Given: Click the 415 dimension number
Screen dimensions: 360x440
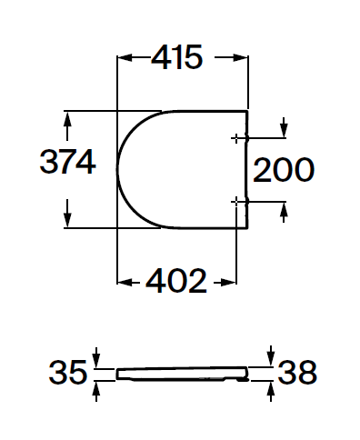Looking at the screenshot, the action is tap(177, 57).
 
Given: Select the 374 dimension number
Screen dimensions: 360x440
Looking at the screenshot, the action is tap(68, 162).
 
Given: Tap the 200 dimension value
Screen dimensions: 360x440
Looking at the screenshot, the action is tap(284, 170).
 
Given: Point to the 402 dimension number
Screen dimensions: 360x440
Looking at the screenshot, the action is tap(176, 281).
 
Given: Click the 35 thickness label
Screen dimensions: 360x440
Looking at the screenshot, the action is tap(68, 373).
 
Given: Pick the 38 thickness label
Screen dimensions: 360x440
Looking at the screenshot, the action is tap(297, 372).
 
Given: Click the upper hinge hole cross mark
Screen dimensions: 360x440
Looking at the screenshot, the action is tap(236, 138).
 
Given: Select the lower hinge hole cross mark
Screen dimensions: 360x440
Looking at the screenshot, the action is tap(236, 201).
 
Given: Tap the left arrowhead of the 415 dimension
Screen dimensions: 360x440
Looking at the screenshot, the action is tap(125, 57).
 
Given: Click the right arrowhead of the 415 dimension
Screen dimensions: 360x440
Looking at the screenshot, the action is tap(241, 57).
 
